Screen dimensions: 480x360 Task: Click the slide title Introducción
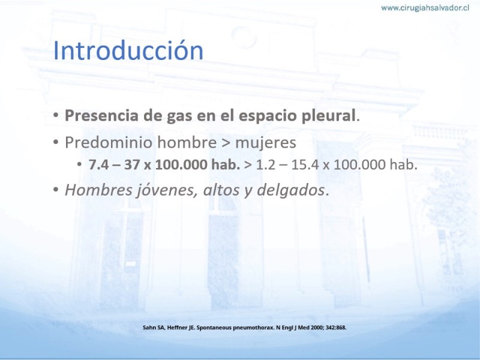[x=128, y=50]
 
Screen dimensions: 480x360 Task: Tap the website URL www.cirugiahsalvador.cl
[x=425, y=8]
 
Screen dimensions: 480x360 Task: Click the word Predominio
[x=109, y=142]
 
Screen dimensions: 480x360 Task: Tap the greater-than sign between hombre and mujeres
[x=226, y=143]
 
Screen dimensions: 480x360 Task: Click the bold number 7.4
[x=98, y=164]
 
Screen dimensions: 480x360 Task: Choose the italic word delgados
[x=291, y=190]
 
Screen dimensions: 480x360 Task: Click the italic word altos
[x=221, y=190]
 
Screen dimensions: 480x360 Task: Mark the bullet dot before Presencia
[x=56, y=116]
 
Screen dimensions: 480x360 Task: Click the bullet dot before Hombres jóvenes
[x=56, y=190]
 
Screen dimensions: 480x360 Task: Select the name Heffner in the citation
[x=177, y=328]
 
